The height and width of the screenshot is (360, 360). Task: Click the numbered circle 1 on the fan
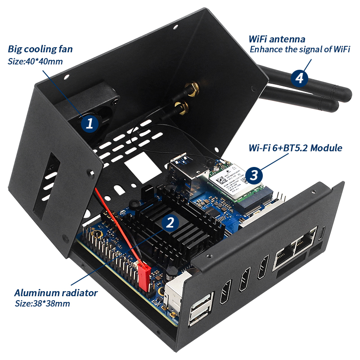(x=90, y=123)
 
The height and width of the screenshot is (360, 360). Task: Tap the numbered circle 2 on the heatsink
(x=170, y=221)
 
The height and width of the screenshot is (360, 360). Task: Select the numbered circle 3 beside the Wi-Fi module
(x=254, y=175)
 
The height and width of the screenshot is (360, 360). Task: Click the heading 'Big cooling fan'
(x=40, y=49)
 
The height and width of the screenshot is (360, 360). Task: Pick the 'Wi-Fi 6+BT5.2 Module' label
(x=295, y=148)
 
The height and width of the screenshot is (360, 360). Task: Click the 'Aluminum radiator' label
(x=56, y=293)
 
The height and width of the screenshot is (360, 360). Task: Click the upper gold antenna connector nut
(x=193, y=88)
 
